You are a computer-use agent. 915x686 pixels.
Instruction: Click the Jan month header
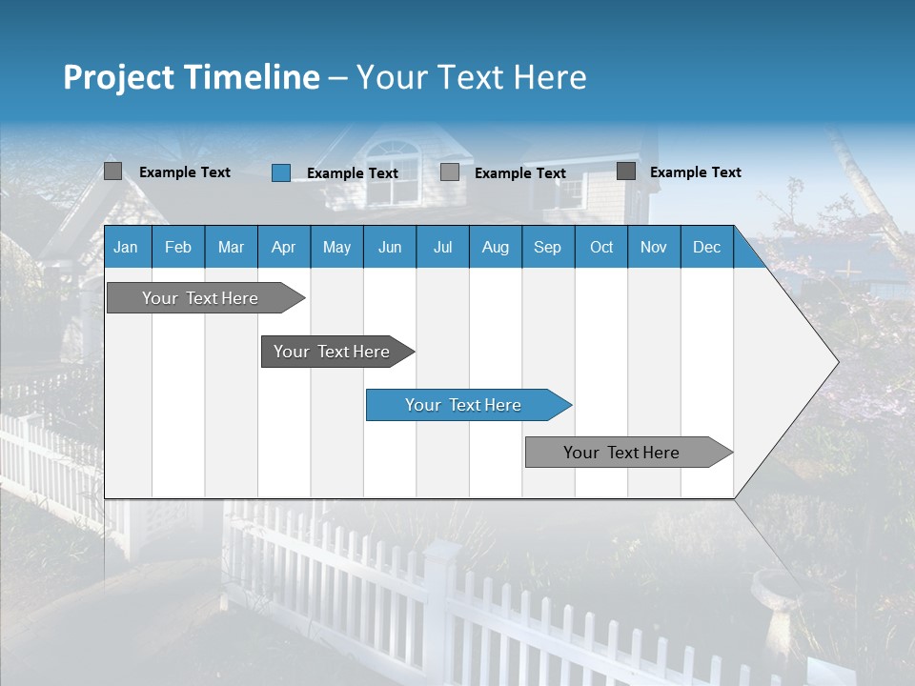126,247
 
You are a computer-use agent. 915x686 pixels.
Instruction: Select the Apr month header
283,247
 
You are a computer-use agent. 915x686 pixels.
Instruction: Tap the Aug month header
495,247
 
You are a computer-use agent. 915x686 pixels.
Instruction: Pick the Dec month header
706,247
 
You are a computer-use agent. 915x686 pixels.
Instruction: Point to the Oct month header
600,247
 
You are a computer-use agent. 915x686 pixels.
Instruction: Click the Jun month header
389,247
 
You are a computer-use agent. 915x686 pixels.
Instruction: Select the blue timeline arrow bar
467,405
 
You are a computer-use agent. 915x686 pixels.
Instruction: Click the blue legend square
280,172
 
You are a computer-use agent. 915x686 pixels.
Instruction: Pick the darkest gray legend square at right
626,171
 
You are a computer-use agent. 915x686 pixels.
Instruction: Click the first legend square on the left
112,171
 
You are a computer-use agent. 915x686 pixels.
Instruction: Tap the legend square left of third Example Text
450,172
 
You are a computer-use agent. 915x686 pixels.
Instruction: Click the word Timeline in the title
252,77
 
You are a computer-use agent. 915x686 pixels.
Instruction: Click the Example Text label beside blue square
352,173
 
